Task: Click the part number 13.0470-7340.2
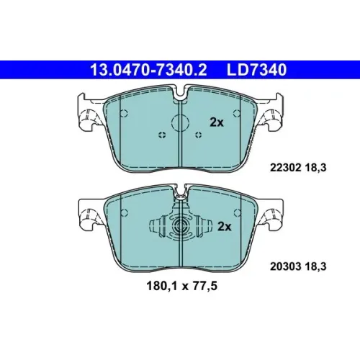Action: click(x=148, y=70)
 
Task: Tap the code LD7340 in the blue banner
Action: click(x=257, y=70)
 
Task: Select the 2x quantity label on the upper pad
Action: click(x=217, y=122)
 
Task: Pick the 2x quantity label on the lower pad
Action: click(x=224, y=226)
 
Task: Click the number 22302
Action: click(x=285, y=168)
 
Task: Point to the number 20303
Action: click(x=285, y=266)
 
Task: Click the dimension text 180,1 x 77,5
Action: click(x=181, y=286)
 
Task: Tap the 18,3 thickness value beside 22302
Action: click(x=315, y=168)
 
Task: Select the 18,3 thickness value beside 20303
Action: click(x=315, y=266)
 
